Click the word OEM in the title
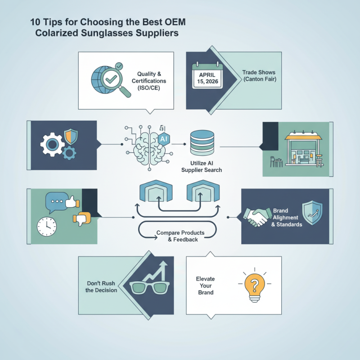click(x=175, y=22)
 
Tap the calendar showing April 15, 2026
click(x=207, y=75)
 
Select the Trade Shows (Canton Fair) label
click(x=259, y=76)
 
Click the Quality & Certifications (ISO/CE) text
click(x=149, y=81)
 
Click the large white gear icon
click(x=52, y=144)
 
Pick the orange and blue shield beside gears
click(x=71, y=136)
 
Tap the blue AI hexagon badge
click(x=164, y=139)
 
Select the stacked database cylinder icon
click(x=202, y=143)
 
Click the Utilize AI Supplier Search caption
click(x=202, y=166)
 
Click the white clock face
click(x=47, y=226)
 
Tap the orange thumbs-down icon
click(x=82, y=219)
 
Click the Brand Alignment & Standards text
click(x=287, y=217)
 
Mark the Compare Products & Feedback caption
click(x=180, y=236)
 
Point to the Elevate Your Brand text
click(x=206, y=286)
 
